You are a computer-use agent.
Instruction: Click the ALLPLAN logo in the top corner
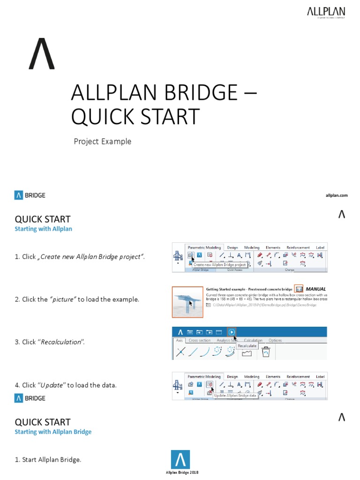click(x=326, y=12)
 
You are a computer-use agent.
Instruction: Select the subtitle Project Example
click(x=102, y=142)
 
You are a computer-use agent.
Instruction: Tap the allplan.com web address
click(x=337, y=195)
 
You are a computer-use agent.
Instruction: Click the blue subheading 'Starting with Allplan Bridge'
click(x=53, y=432)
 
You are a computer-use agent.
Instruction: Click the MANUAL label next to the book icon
click(x=315, y=289)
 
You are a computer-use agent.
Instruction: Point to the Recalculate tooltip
click(x=247, y=345)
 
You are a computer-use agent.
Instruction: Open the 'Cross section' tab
click(x=200, y=340)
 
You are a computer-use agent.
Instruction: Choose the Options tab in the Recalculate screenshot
click(x=275, y=340)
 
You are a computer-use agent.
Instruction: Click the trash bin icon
click(x=266, y=352)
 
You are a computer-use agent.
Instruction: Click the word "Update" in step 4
click(x=52, y=385)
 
